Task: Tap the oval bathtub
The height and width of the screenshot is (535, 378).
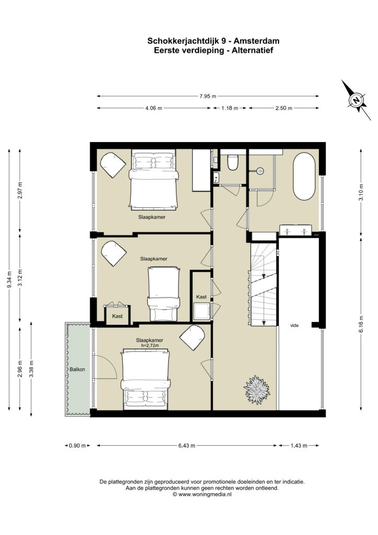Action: (x=304, y=176)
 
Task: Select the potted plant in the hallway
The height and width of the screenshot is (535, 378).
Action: (x=257, y=390)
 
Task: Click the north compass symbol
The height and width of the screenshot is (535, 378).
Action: (x=357, y=100)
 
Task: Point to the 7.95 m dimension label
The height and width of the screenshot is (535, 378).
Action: (x=208, y=96)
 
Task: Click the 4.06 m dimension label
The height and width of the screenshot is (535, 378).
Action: (x=153, y=108)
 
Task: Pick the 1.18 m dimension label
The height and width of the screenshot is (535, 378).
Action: (x=230, y=108)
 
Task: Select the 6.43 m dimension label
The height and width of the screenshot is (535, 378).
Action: (x=187, y=446)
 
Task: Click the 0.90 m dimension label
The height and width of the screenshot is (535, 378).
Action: (x=77, y=446)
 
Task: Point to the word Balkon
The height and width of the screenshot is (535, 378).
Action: (x=77, y=369)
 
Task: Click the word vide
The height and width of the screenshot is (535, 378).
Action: (x=294, y=325)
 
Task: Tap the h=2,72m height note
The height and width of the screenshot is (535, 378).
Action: (x=150, y=345)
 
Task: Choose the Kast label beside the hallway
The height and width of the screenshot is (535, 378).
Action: (x=202, y=297)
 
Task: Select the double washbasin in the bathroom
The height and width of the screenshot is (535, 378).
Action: (x=296, y=230)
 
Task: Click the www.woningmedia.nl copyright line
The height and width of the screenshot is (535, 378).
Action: (x=202, y=494)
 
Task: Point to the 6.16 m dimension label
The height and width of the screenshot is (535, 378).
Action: (x=361, y=324)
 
